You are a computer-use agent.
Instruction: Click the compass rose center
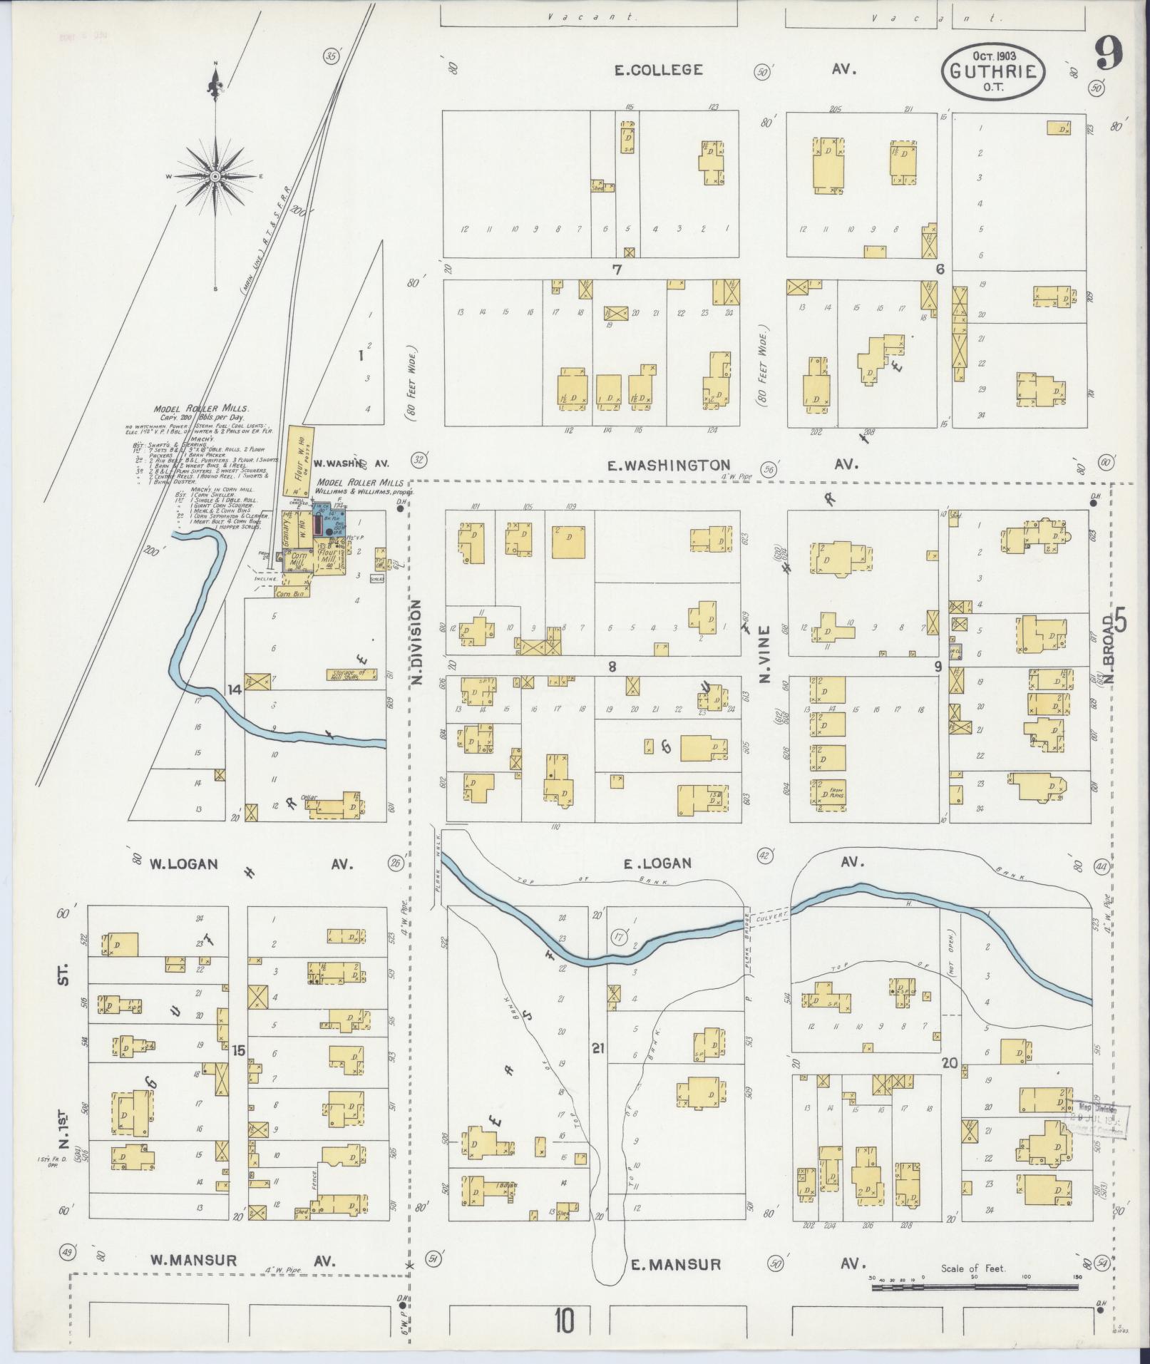[215, 175]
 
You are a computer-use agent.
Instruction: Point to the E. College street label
[659, 70]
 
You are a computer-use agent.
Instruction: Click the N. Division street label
[418, 642]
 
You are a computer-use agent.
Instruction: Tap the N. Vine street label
[765, 654]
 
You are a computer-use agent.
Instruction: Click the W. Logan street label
[183, 864]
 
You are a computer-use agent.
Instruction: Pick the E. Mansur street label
[676, 1265]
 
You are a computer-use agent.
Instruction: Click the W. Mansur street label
[192, 1260]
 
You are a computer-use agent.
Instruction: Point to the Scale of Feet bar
[973, 1288]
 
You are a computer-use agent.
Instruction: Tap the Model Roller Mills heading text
[201, 410]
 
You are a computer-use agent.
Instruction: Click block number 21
[597, 1048]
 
